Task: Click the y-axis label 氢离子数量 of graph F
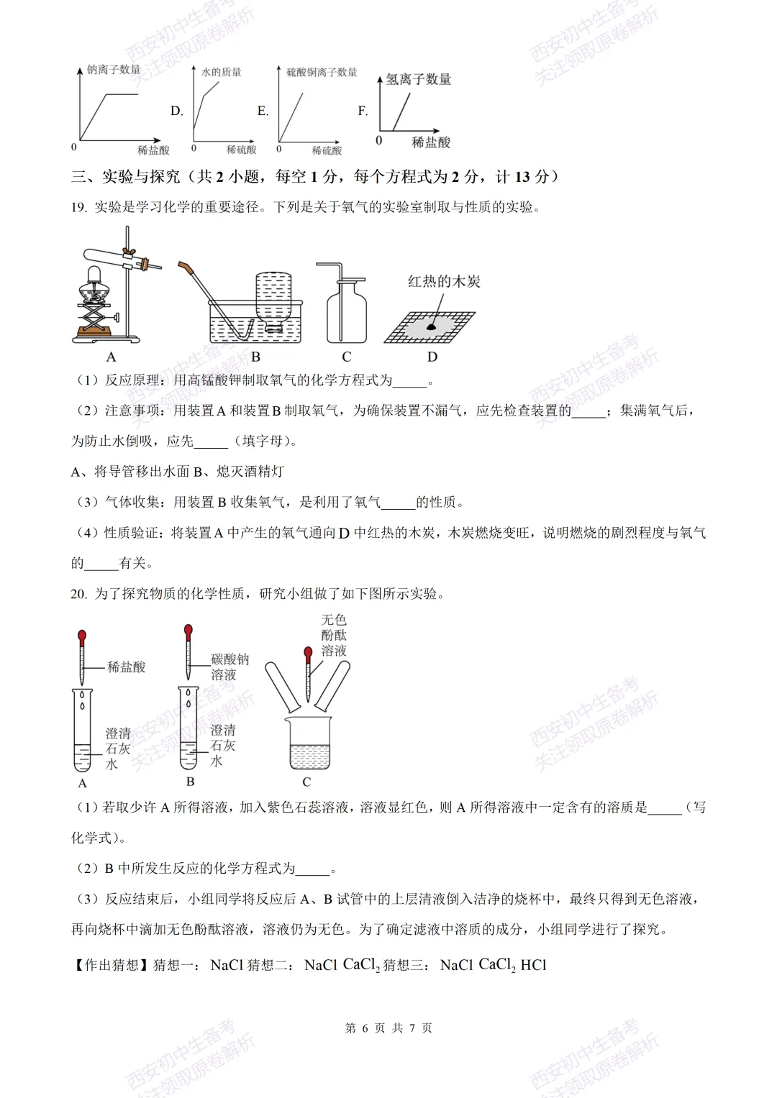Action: [x=418, y=79]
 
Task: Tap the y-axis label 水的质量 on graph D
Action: [x=221, y=72]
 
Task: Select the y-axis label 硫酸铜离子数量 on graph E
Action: [x=322, y=72]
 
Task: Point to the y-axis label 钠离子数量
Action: [x=114, y=69]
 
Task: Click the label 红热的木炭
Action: [x=444, y=281]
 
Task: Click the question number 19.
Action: [x=78, y=207]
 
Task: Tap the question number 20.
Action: [x=78, y=593]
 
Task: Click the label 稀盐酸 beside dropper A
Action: [x=126, y=667]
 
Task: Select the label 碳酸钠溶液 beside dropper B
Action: [x=230, y=667]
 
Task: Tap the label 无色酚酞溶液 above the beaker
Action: [x=334, y=635]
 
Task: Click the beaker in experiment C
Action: [x=309, y=744]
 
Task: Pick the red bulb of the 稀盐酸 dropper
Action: [x=82, y=636]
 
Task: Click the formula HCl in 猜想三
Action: [x=533, y=965]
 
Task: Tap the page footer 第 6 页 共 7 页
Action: [x=388, y=1028]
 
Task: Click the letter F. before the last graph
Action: [x=363, y=111]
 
